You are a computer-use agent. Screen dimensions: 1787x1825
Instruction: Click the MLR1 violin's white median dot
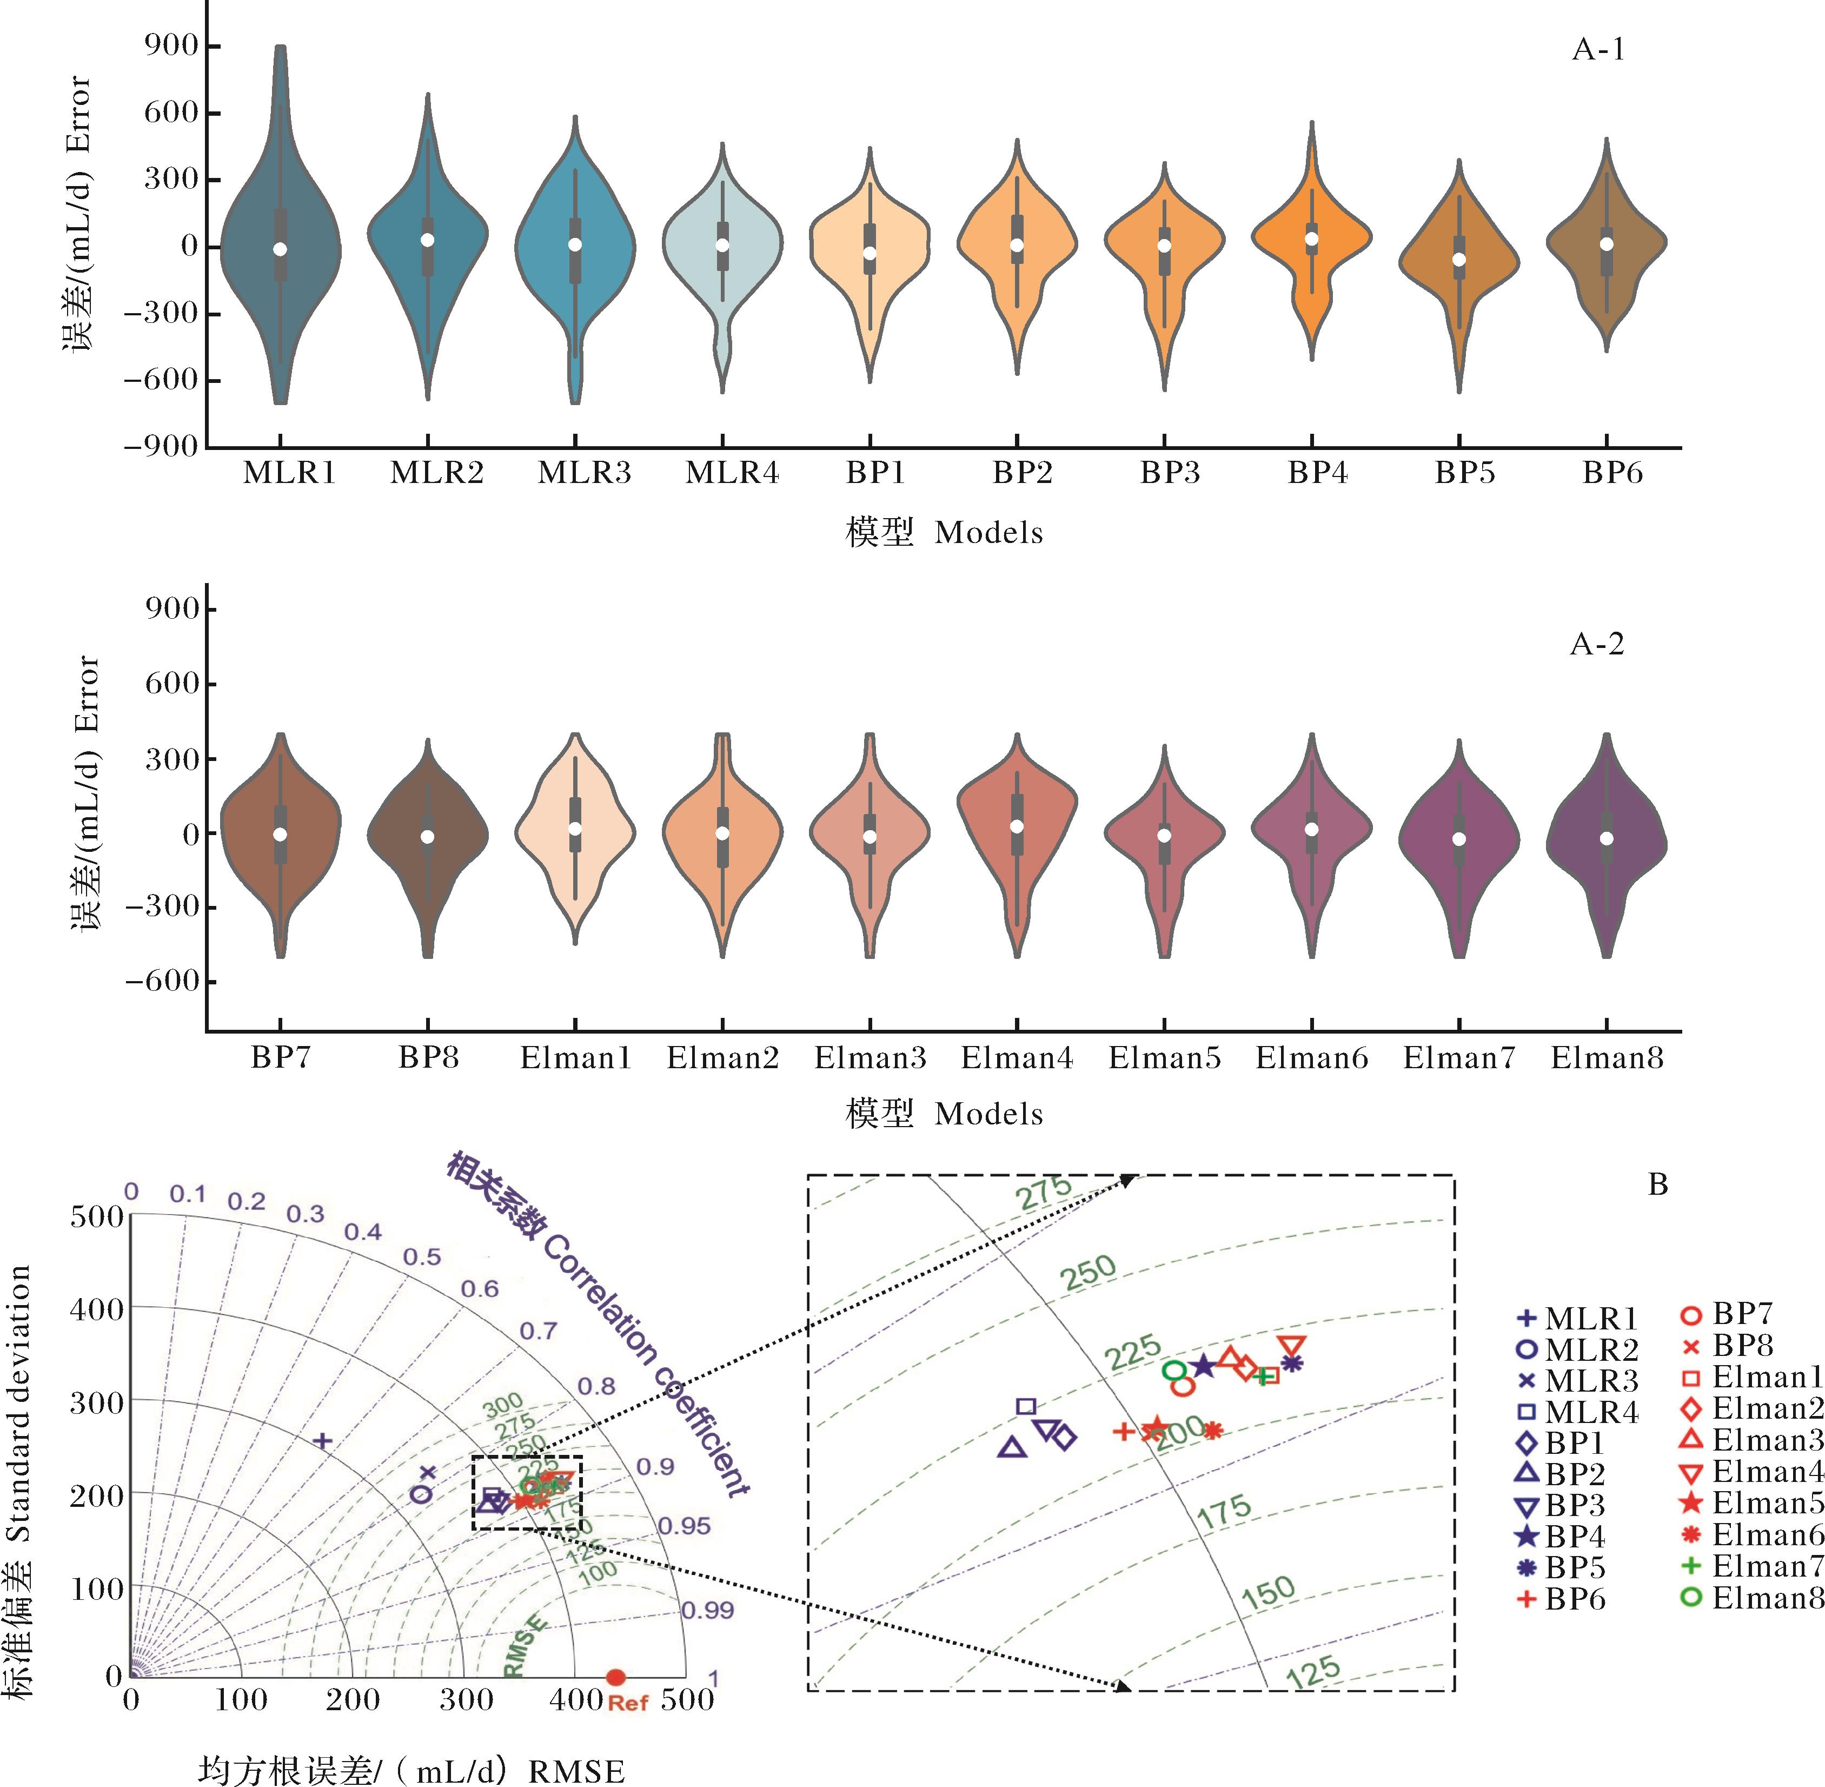(x=280, y=249)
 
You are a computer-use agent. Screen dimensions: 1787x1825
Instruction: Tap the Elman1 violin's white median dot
(x=575, y=829)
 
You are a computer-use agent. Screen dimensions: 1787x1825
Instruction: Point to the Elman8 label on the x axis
(x=1607, y=1058)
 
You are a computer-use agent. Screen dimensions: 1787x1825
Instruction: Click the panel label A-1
(x=1598, y=50)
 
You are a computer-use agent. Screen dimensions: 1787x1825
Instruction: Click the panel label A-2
(x=1596, y=644)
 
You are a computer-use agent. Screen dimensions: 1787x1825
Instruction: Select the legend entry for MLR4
(x=1578, y=1412)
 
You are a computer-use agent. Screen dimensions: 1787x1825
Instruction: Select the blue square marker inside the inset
(x=1026, y=1406)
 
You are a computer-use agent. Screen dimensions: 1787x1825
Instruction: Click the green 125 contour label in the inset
(x=1313, y=1672)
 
